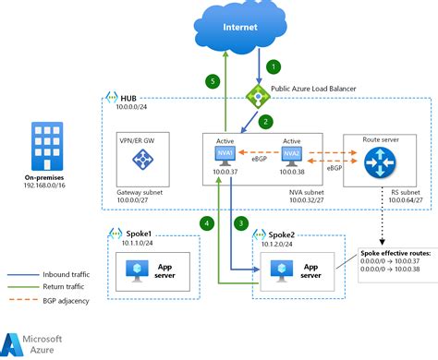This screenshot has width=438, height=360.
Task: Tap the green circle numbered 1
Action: point(273,67)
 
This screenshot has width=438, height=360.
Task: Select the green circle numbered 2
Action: point(264,121)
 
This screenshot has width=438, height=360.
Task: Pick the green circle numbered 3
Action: point(240,222)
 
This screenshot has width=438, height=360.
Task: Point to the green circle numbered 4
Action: point(208,222)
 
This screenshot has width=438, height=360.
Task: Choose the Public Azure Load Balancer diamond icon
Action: point(255,95)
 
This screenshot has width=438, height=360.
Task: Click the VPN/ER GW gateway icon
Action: point(143,160)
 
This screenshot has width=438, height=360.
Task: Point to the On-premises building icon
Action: point(44,140)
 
